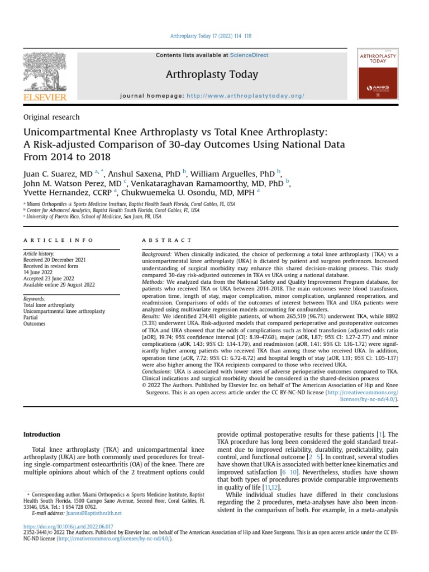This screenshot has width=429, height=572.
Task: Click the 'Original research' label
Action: (51, 117)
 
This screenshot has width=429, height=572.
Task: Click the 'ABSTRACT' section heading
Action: (167, 240)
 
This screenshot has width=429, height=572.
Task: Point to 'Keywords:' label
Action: (35, 299)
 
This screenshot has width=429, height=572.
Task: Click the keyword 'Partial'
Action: (31, 317)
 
